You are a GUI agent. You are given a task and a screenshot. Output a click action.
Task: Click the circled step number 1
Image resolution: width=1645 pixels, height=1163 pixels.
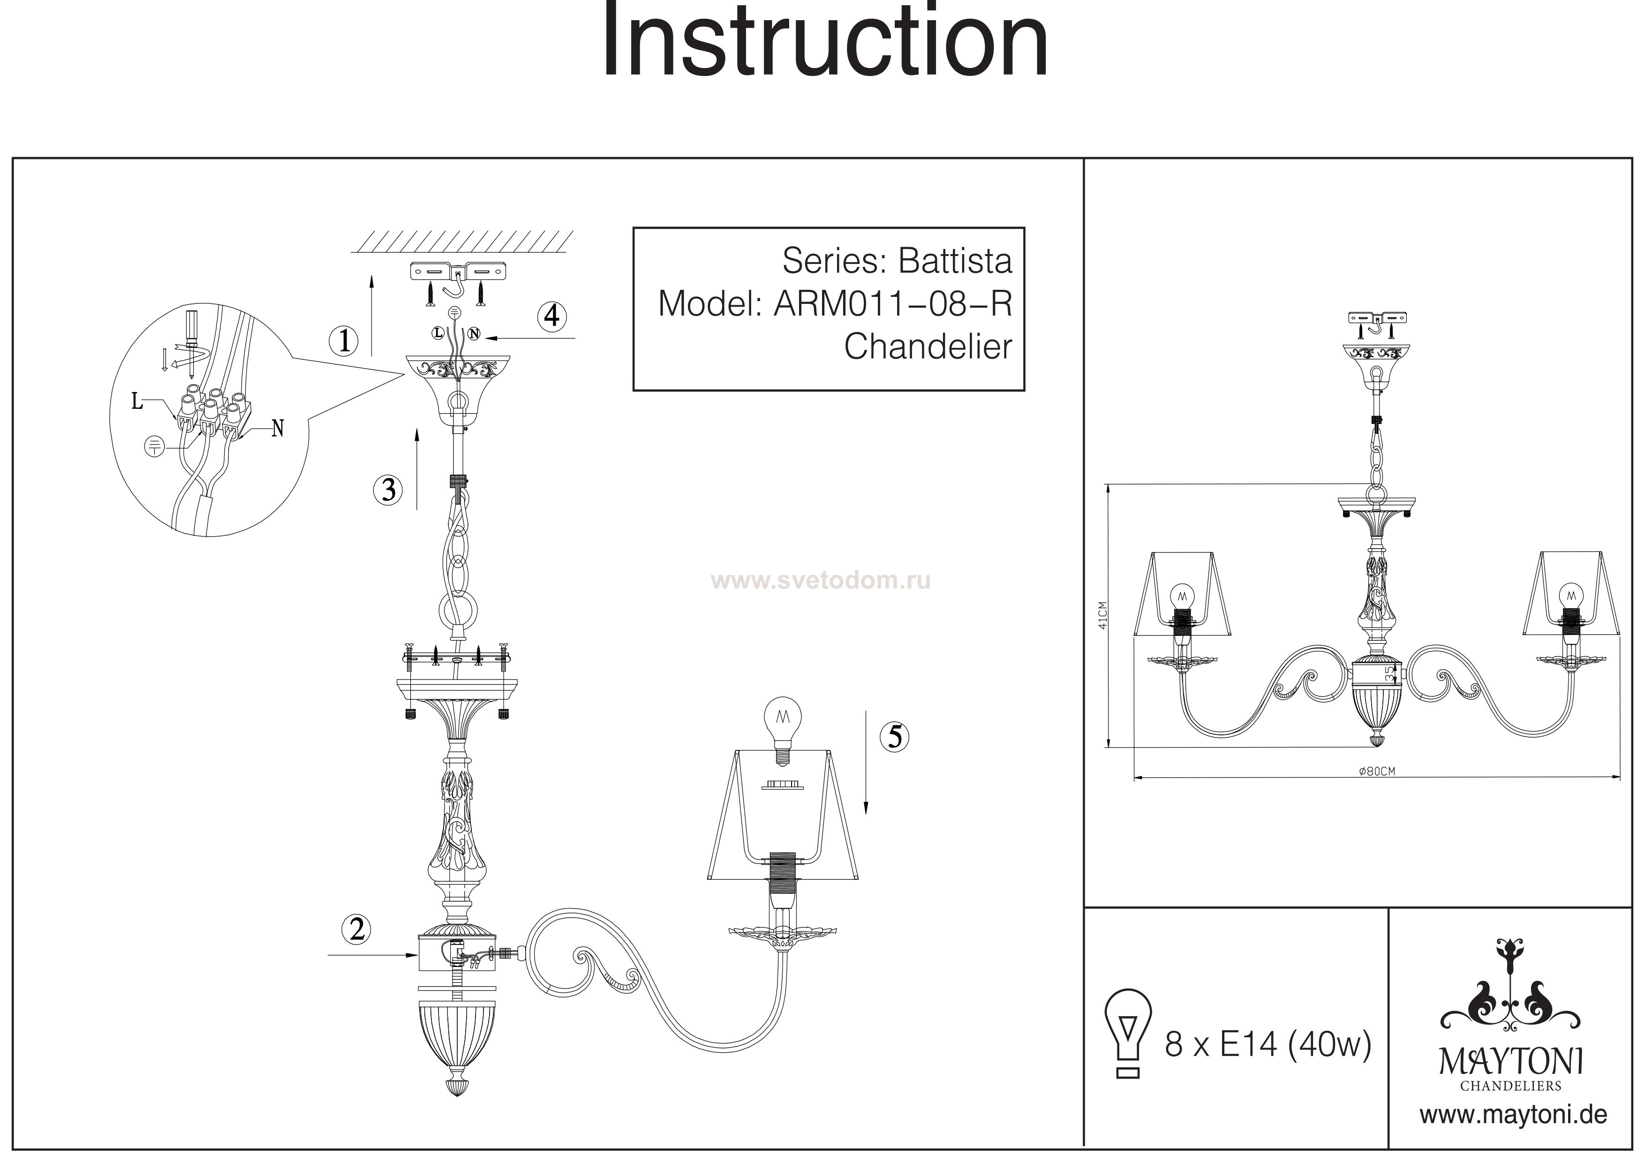(x=344, y=340)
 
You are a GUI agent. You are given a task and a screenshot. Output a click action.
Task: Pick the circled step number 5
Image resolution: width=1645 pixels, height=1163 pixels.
(x=895, y=737)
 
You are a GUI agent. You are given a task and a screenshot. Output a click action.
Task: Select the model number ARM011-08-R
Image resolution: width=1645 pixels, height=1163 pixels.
(x=893, y=304)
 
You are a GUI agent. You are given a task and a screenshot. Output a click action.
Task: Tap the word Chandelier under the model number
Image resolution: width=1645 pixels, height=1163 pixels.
(x=928, y=347)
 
